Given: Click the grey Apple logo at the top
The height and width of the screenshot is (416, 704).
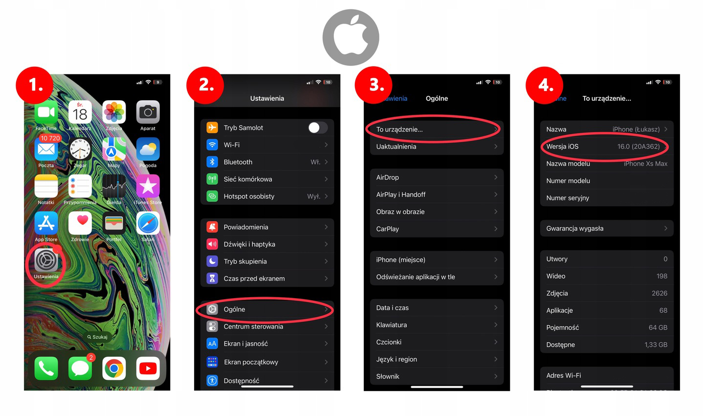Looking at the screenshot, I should (351, 37).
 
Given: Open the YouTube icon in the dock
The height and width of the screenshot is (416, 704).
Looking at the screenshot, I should (148, 368).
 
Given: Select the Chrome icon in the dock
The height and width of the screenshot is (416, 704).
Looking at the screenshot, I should (114, 368).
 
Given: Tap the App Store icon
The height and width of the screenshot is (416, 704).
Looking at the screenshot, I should (46, 223).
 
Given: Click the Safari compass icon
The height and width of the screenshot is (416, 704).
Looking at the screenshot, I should (148, 223).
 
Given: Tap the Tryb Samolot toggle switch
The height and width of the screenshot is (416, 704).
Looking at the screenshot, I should (317, 128).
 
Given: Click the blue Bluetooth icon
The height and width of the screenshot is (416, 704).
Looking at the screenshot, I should (212, 162).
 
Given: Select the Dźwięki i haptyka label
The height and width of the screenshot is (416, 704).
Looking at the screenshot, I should (249, 244).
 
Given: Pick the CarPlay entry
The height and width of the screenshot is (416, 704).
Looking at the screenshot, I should (388, 229).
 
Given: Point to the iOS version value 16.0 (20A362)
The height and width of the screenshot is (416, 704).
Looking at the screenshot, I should (638, 146).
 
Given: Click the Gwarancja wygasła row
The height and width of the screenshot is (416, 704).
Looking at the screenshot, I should (606, 228).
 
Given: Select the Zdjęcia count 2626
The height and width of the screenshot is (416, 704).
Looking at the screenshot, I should (659, 293).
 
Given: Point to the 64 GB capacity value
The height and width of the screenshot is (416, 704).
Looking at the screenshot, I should (658, 328).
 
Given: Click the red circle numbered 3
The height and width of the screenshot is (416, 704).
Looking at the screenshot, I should (375, 85).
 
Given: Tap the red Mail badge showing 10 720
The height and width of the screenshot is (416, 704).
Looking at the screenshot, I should (50, 138).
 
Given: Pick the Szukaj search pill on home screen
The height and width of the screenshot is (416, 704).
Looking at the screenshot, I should (97, 337).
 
